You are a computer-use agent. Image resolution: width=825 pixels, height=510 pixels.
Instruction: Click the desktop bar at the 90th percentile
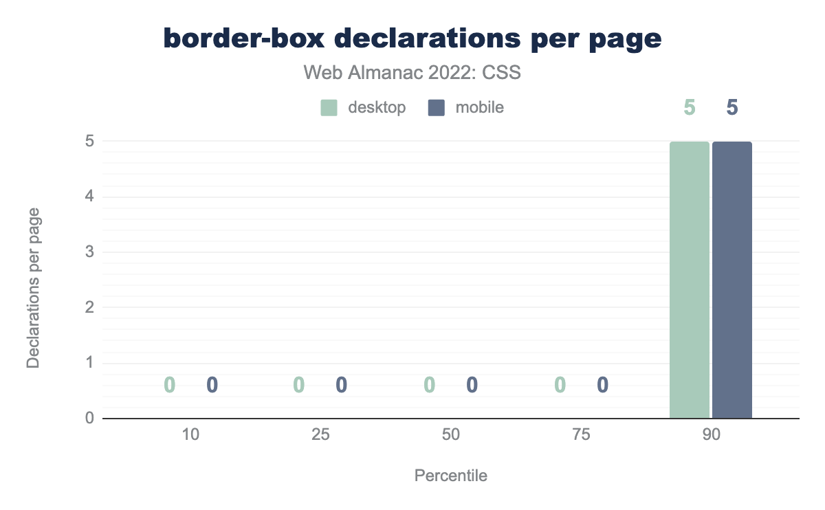(690, 280)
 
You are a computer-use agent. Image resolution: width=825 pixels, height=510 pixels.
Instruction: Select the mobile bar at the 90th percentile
(732, 280)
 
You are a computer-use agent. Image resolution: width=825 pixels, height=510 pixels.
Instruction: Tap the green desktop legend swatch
(329, 107)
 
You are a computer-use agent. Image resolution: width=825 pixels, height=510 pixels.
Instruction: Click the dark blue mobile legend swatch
(437, 107)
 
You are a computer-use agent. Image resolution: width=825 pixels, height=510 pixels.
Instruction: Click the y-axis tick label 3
(89, 252)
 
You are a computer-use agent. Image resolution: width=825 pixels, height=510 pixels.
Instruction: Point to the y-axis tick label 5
(89, 142)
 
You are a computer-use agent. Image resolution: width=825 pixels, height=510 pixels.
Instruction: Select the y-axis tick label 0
(89, 418)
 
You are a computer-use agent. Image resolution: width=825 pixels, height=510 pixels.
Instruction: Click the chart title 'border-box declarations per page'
(412, 39)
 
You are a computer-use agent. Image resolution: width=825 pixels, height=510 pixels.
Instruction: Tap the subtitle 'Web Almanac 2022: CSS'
(412, 72)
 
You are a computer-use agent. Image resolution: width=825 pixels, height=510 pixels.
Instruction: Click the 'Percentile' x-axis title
(450, 476)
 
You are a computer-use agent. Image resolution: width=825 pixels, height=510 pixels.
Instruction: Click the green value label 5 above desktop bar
(690, 108)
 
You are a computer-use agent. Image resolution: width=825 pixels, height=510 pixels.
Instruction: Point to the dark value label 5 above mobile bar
(732, 108)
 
